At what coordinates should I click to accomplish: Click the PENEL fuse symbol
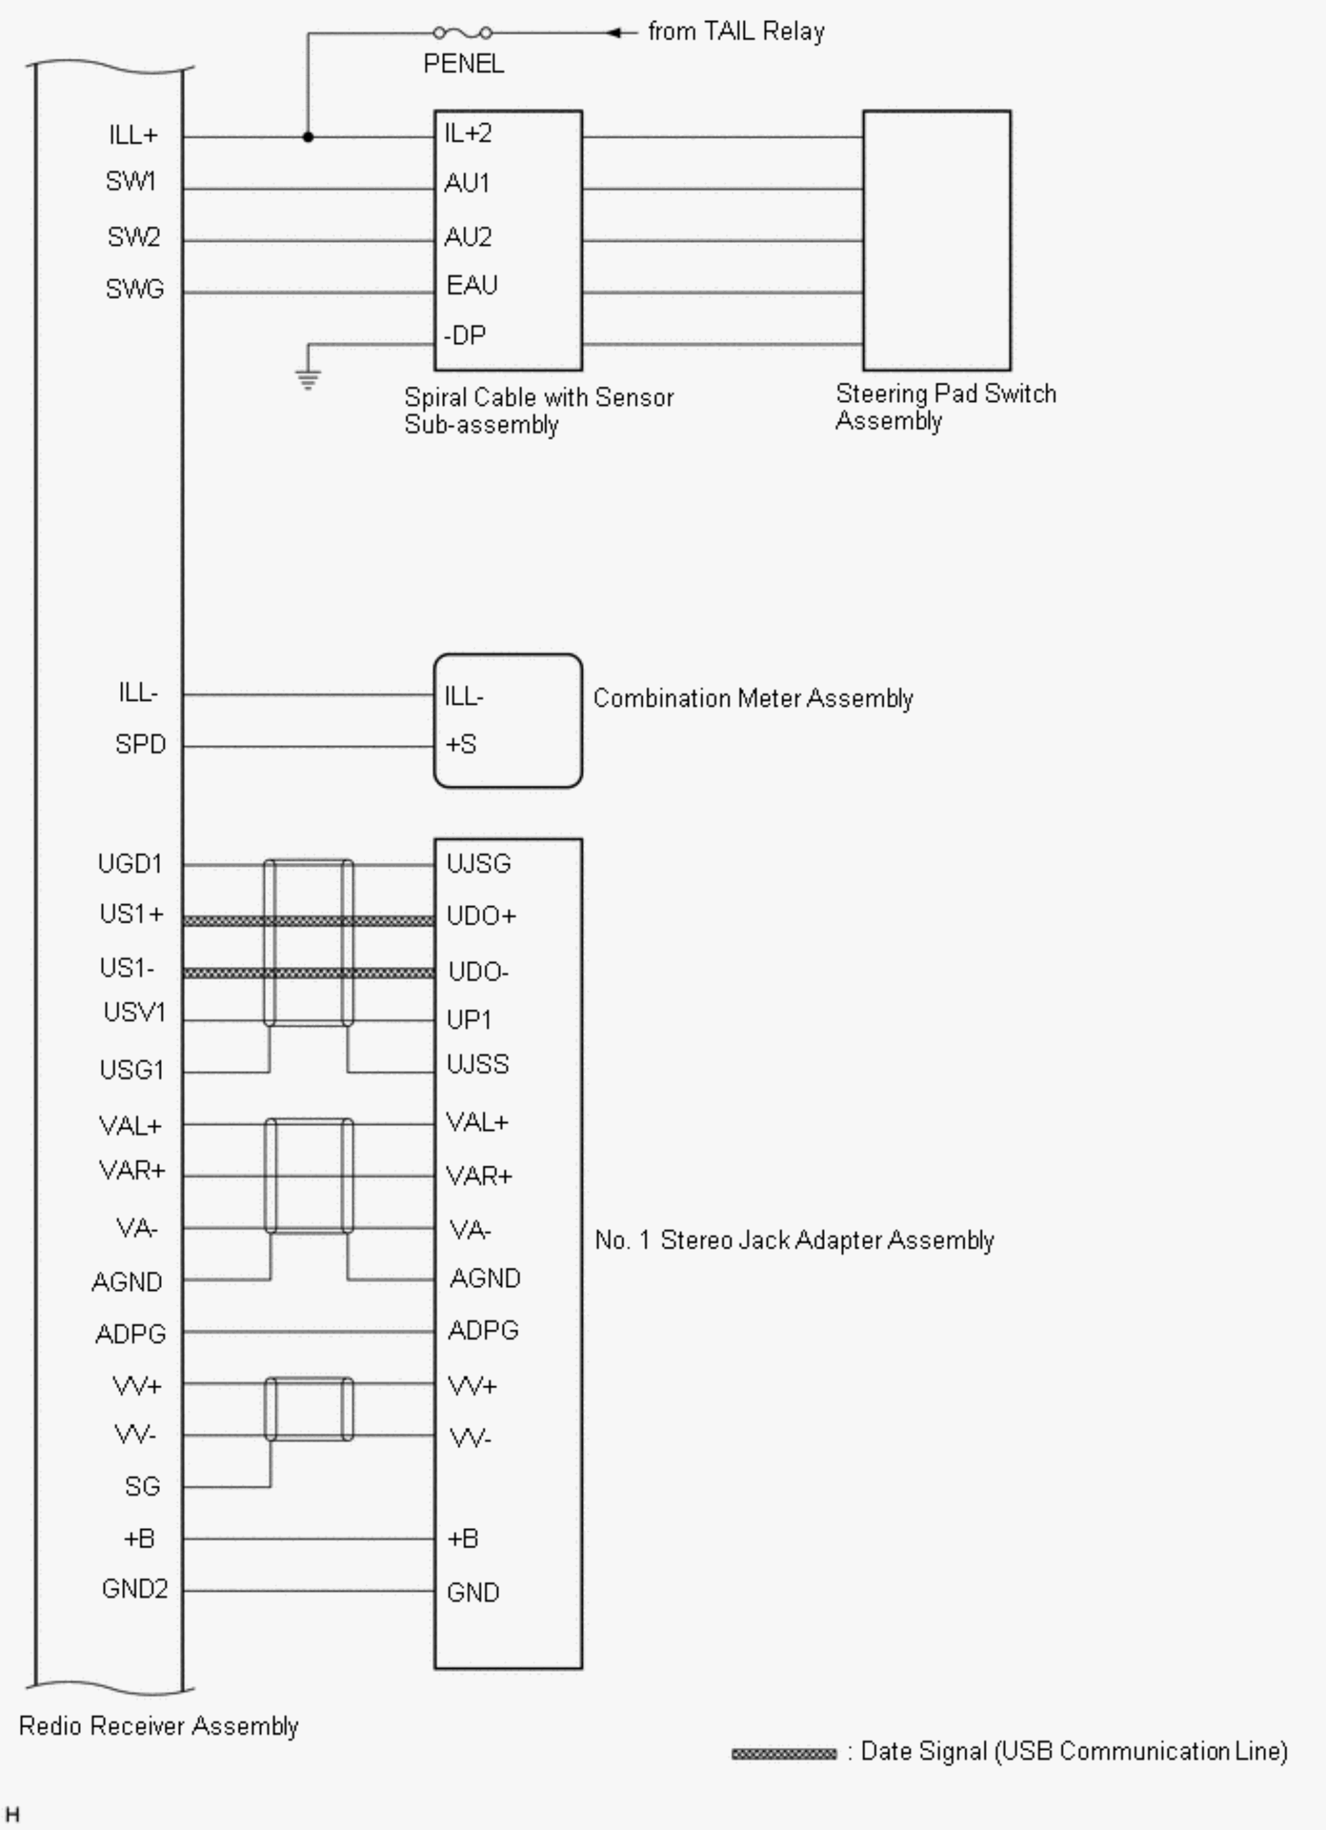click(462, 33)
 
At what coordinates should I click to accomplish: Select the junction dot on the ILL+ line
click(308, 137)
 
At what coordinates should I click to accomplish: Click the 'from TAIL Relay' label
click(736, 32)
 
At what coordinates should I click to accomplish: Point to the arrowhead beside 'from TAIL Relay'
click(614, 33)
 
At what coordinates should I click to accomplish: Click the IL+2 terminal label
click(468, 133)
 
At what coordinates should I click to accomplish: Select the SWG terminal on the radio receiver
click(134, 289)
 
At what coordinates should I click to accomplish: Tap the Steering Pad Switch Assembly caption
click(945, 407)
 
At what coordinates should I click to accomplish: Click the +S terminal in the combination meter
click(461, 744)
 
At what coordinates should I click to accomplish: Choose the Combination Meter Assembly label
click(753, 698)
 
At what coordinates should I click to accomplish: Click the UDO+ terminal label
click(481, 916)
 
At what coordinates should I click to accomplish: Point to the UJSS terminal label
click(477, 1064)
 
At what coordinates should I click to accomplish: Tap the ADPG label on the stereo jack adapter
click(482, 1330)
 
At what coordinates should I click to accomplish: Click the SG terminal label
click(142, 1486)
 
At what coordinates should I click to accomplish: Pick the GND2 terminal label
click(134, 1589)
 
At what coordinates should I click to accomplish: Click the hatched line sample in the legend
click(783, 1753)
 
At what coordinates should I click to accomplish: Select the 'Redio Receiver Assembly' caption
click(158, 1726)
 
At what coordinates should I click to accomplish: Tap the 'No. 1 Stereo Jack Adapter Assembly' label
click(794, 1240)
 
